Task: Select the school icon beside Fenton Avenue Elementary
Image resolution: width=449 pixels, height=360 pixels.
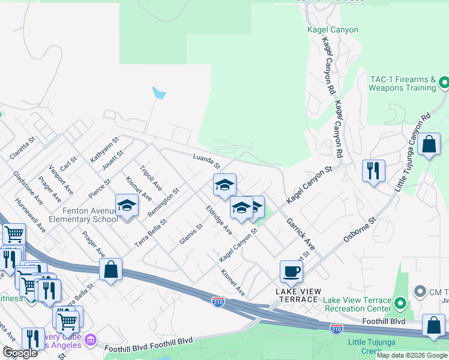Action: (127, 206)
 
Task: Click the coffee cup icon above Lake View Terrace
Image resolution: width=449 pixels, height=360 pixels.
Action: (291, 271)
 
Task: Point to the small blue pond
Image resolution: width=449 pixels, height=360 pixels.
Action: (159, 93)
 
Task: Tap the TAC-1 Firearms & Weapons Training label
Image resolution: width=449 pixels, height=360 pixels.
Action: (402, 83)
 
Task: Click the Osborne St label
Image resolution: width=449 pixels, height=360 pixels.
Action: (359, 230)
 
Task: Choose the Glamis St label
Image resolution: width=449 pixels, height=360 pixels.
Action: (189, 233)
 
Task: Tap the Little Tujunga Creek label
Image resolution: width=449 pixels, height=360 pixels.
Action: (373, 346)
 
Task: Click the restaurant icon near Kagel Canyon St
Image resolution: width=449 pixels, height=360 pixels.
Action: (373, 171)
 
